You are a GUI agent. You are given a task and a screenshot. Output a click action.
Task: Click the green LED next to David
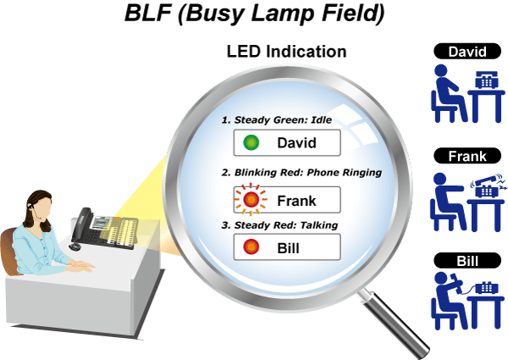(x=251, y=142)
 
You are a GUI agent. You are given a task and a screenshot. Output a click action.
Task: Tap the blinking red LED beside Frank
(x=251, y=199)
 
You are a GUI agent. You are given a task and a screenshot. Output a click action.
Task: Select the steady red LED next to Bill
(x=251, y=246)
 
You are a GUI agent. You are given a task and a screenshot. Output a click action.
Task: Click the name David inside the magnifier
(x=296, y=143)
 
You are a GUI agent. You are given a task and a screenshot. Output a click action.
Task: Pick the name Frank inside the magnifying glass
(x=296, y=201)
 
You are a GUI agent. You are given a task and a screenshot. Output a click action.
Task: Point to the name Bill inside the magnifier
(x=288, y=248)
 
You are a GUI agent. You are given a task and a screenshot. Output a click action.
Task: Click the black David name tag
(x=467, y=51)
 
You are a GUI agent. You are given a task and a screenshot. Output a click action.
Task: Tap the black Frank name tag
(x=467, y=156)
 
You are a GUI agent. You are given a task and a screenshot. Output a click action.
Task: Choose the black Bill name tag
(x=467, y=261)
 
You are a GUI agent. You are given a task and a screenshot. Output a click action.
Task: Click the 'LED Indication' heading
(x=286, y=51)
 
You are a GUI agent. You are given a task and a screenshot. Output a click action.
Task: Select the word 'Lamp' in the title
(x=284, y=14)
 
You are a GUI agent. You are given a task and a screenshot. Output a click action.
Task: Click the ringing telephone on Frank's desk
(x=488, y=186)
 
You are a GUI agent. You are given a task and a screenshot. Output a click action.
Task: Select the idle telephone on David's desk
(x=487, y=80)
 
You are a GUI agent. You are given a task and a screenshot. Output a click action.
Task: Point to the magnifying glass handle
(x=395, y=324)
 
